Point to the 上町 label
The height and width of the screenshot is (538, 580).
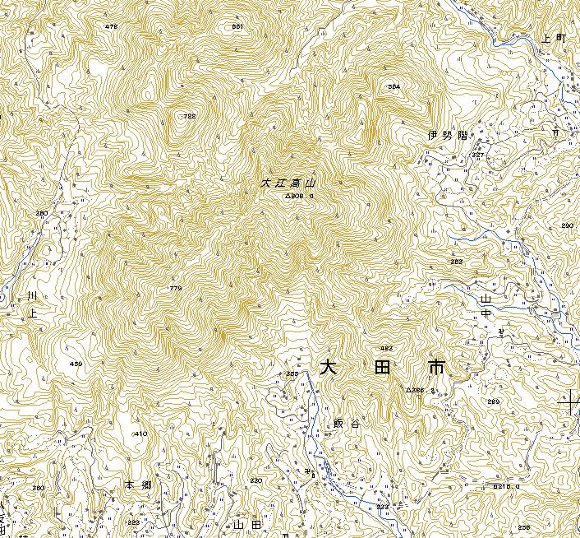[x=555, y=39]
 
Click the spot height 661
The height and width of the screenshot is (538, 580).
[x=237, y=27]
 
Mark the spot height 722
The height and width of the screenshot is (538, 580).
[x=190, y=116]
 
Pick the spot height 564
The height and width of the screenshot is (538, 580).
[x=394, y=86]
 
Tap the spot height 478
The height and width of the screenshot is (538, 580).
[x=112, y=27]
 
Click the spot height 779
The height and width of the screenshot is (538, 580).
[x=175, y=288]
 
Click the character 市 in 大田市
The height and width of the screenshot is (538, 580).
[x=435, y=367]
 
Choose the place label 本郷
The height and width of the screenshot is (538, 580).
[x=139, y=486]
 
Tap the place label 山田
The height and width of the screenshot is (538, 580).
[x=246, y=523]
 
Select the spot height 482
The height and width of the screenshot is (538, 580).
[x=386, y=349]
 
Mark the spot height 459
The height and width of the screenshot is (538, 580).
[x=76, y=364]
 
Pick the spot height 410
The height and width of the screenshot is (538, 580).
[x=140, y=434]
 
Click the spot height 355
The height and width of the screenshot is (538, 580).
[x=291, y=374]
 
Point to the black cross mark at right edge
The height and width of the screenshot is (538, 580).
[x=569, y=402]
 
